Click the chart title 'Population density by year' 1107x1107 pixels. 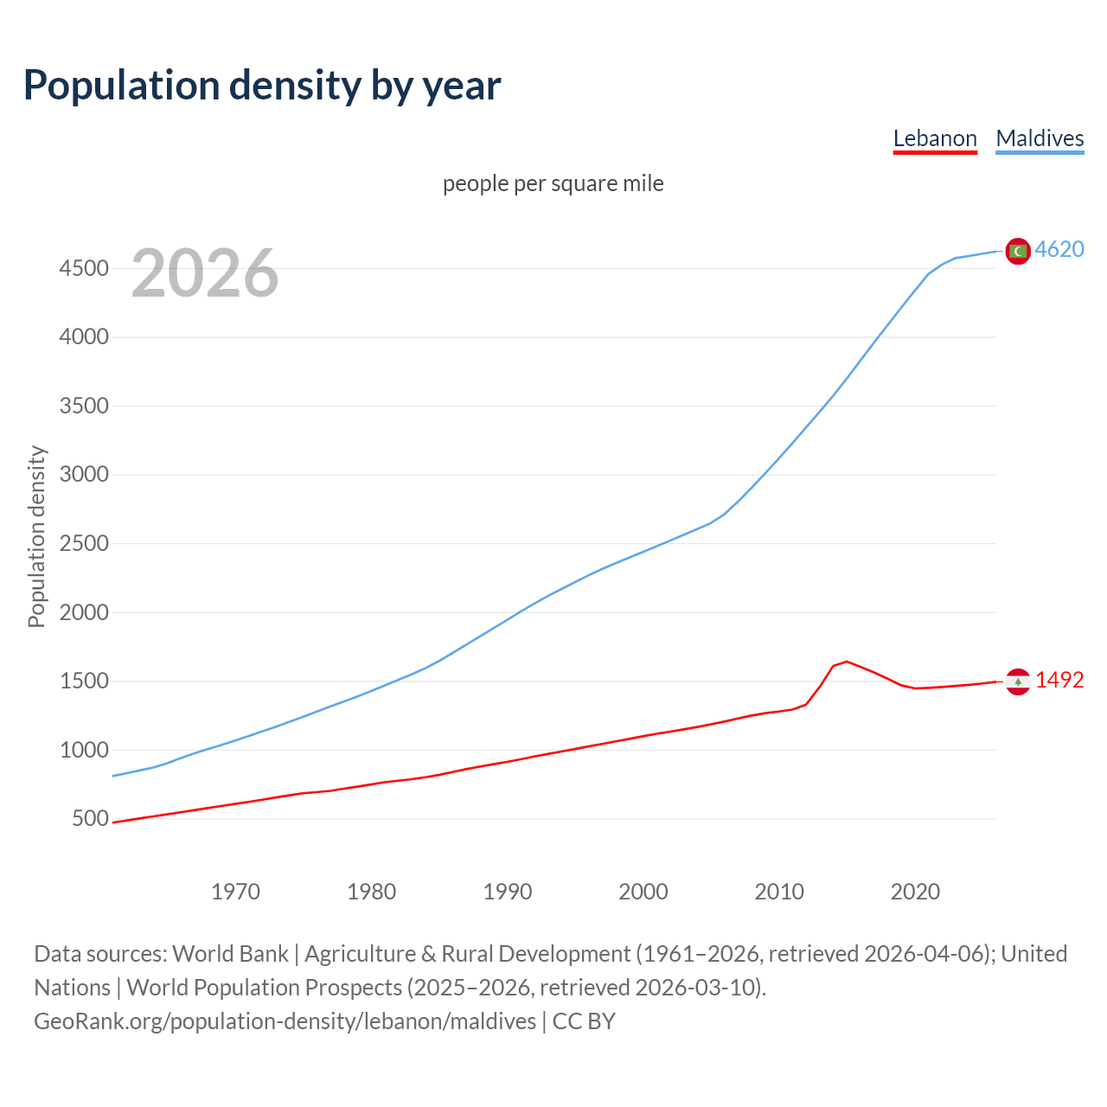click(x=262, y=85)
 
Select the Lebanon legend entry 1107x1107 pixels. click(x=934, y=138)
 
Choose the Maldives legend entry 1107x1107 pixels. click(x=1040, y=138)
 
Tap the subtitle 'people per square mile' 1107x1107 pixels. click(x=553, y=183)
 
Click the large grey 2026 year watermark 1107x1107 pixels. click(x=205, y=272)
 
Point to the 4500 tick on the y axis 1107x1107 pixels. click(x=84, y=268)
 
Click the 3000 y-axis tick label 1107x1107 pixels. click(x=84, y=475)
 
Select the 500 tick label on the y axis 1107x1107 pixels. click(x=90, y=818)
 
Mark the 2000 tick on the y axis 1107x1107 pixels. click(x=84, y=612)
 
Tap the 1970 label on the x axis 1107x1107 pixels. click(x=235, y=892)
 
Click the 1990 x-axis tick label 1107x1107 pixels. click(x=508, y=892)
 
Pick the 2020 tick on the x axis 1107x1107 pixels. click(x=915, y=892)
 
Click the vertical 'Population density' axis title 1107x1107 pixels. click(x=36, y=536)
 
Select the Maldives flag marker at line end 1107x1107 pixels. click(x=1018, y=251)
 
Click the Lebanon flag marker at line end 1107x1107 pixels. click(x=1018, y=681)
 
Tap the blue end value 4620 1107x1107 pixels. click(x=1059, y=249)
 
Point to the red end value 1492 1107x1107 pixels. click(x=1059, y=680)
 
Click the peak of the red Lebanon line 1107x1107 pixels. click(x=847, y=661)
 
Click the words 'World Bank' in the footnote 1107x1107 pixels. click(x=230, y=953)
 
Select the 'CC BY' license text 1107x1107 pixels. click(x=584, y=1021)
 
